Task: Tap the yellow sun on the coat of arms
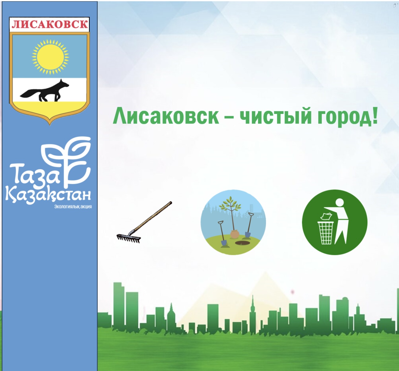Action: (x=50, y=57)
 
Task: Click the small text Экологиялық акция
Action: (x=73, y=207)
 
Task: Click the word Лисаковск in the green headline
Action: (x=166, y=116)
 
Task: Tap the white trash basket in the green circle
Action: (x=325, y=233)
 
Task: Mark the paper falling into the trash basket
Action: (x=325, y=216)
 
